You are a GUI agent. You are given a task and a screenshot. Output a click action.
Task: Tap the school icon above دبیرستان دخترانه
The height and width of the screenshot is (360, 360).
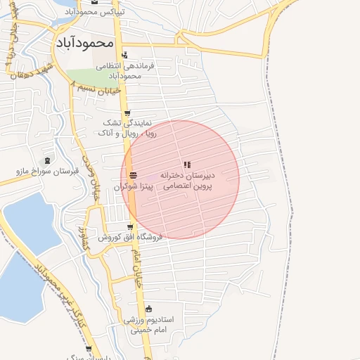click(x=186, y=165)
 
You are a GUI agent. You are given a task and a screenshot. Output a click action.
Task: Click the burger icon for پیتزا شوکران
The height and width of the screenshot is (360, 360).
click(x=134, y=175)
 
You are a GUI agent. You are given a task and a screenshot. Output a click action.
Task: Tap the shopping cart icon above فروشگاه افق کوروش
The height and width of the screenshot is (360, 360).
click(x=130, y=226)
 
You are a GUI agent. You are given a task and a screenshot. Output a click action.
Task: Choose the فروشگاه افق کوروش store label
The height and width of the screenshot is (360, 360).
click(x=130, y=237)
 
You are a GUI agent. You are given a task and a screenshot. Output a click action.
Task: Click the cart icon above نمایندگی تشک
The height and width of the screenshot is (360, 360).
click(x=127, y=112)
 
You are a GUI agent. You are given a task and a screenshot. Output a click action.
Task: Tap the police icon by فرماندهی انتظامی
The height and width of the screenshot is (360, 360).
click(x=124, y=55)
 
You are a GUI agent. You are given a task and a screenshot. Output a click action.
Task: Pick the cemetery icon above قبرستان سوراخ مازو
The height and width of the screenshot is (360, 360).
click(x=46, y=160)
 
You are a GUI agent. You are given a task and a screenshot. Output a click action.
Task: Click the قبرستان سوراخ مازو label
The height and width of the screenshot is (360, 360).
click(x=47, y=171)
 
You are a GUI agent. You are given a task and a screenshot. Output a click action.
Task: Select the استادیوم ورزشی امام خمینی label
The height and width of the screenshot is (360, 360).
click(x=149, y=324)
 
